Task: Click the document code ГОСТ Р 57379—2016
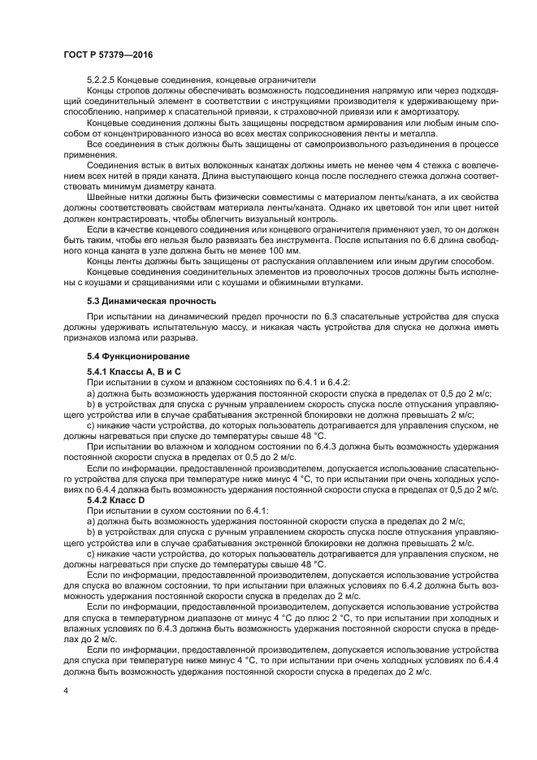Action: tap(108, 54)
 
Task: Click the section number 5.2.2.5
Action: tap(103, 80)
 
